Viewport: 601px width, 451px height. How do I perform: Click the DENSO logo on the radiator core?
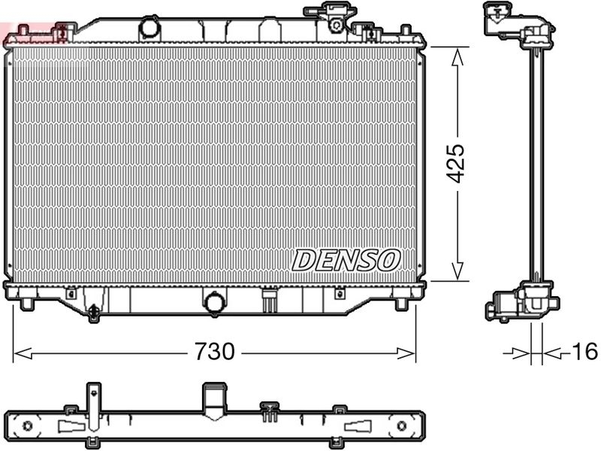tap(345, 260)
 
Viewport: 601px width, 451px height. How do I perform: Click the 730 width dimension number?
tap(215, 351)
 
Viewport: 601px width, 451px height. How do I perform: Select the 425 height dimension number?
tap(456, 162)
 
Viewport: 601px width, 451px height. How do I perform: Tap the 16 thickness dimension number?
tap(584, 351)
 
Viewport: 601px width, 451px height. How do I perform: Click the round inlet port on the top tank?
tap(150, 28)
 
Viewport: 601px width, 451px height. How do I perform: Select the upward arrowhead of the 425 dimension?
tap(456, 54)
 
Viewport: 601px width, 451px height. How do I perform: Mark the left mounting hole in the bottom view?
tap(28, 426)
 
